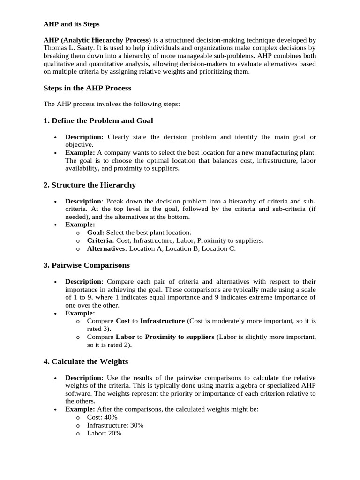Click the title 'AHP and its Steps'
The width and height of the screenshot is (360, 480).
[x=71, y=24]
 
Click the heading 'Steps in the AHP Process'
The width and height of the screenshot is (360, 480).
[x=87, y=88]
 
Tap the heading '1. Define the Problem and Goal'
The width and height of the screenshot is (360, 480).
[x=98, y=120]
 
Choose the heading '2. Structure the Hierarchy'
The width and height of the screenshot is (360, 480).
[x=90, y=185]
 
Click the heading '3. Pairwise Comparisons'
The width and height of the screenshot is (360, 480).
[x=86, y=265]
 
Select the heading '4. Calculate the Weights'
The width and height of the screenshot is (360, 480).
[x=85, y=361]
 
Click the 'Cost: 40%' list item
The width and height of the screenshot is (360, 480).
[x=102, y=417]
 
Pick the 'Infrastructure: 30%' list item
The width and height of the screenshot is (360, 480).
[x=115, y=425]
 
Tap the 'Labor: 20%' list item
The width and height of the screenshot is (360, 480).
[x=104, y=434]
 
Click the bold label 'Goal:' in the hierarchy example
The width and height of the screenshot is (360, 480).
[x=96, y=232]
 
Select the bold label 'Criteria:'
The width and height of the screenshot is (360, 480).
[x=100, y=240]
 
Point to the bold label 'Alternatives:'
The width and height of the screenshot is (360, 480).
[x=107, y=249]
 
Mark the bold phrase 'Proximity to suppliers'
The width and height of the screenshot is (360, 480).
[x=180, y=337]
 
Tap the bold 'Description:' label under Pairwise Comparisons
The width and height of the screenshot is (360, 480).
[x=84, y=281]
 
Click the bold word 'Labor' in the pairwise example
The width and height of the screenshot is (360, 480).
[x=125, y=337]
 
